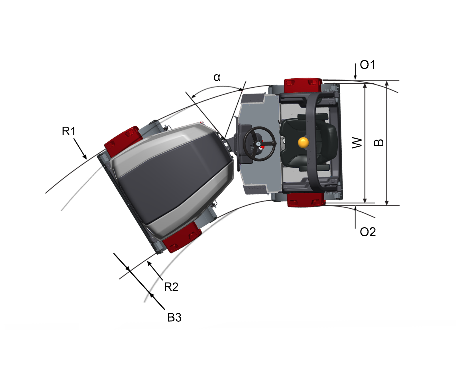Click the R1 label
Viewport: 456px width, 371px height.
69,131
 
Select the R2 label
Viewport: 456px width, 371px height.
171,287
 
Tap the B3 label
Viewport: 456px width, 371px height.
174,317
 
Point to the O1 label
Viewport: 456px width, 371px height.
367,65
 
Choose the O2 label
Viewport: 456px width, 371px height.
368,232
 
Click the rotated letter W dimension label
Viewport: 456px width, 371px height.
357,142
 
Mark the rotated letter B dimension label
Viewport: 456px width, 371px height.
379,142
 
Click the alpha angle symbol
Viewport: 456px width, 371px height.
217,77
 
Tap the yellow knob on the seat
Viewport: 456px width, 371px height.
303,142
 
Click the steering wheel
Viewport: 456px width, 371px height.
260,143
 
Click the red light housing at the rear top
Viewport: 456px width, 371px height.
303,85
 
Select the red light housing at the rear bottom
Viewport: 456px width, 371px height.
306,200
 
